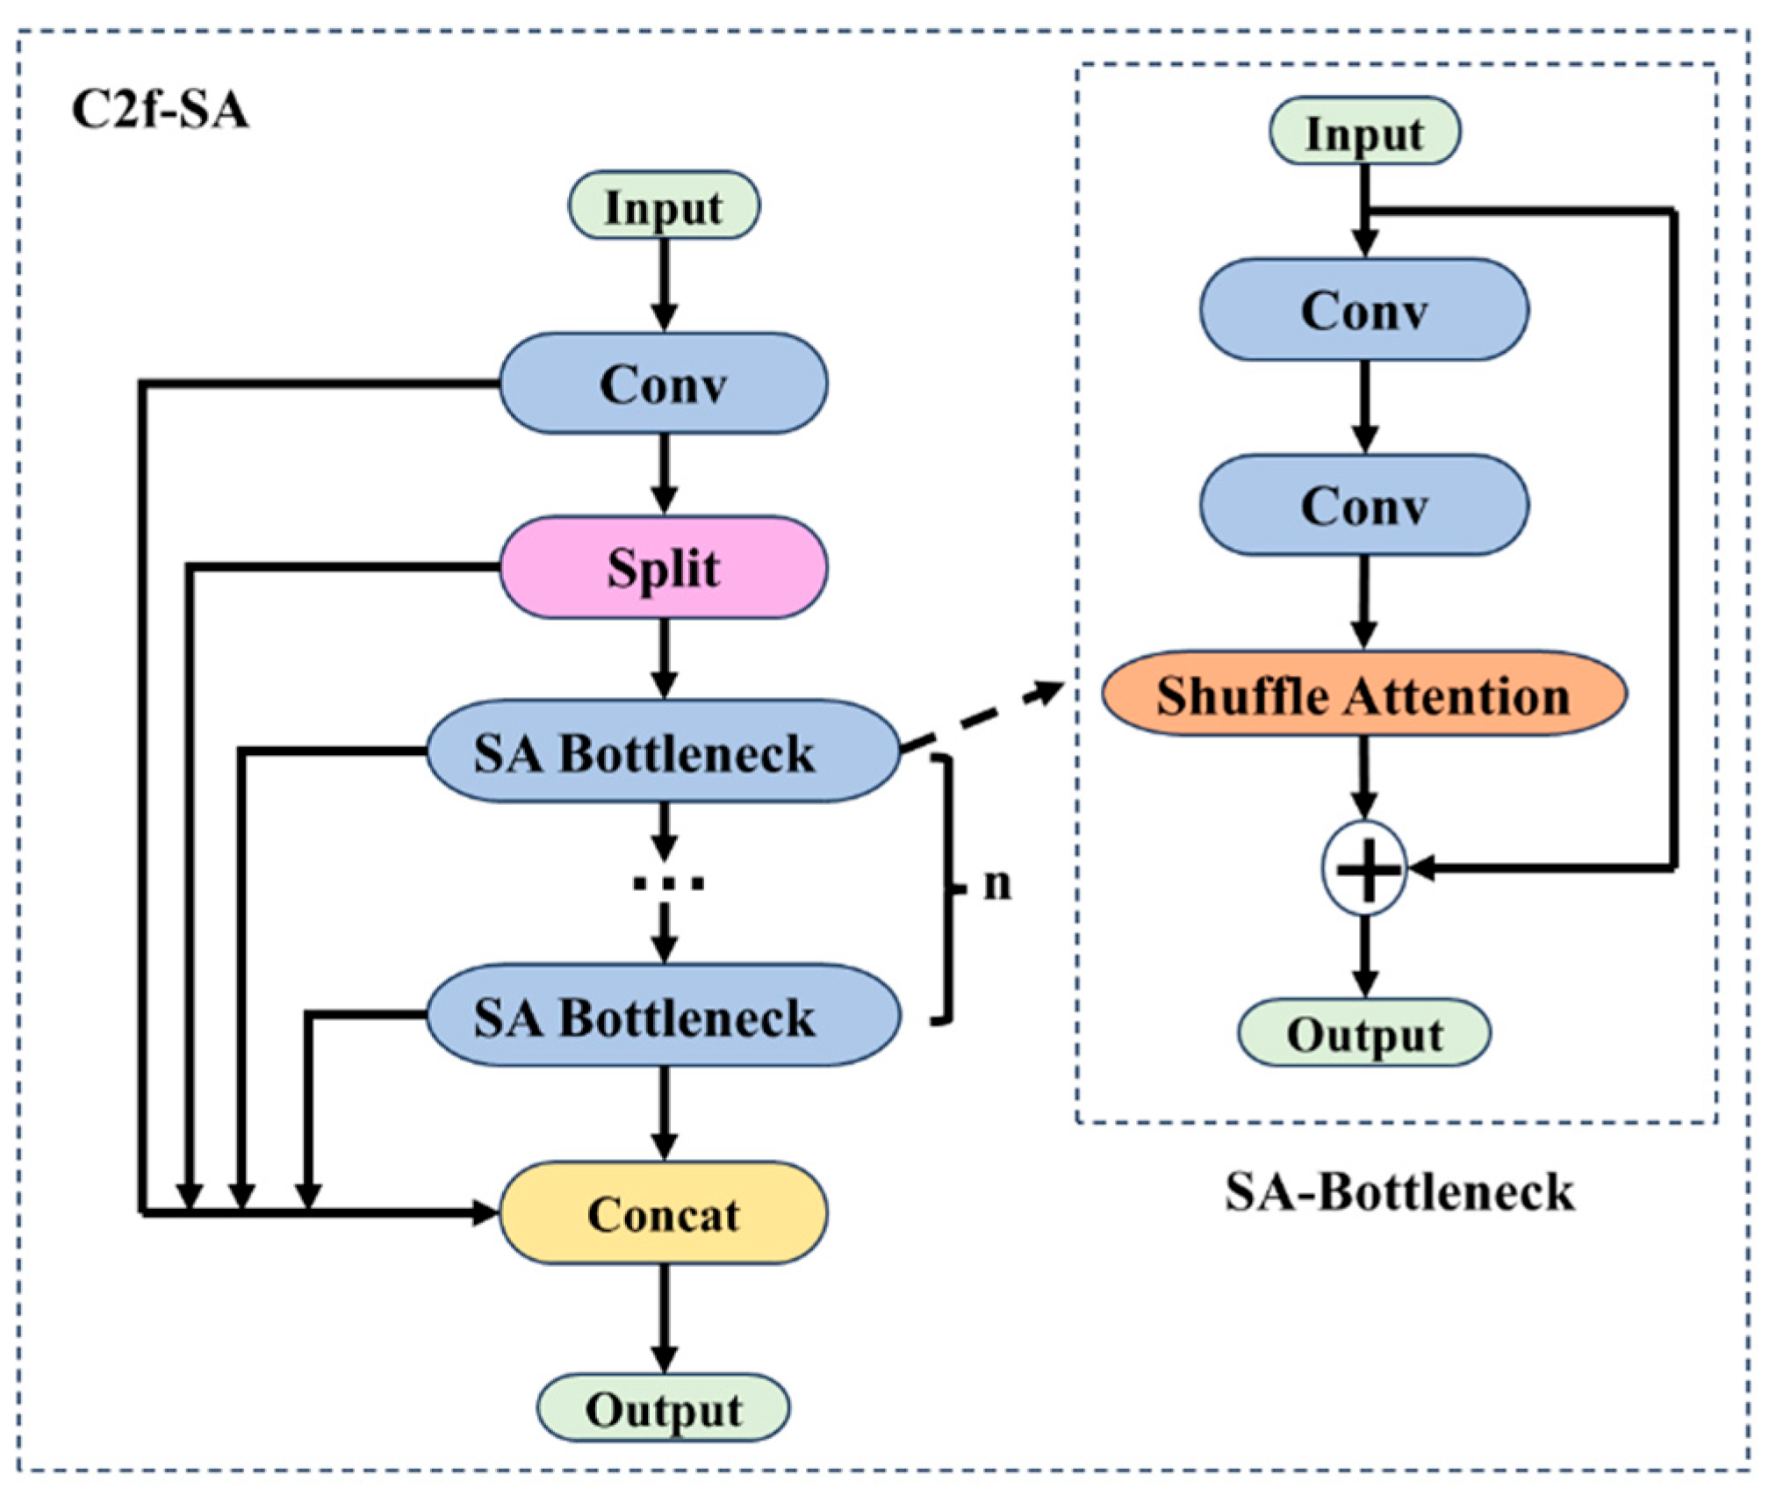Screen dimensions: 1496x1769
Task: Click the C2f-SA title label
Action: (x=159, y=111)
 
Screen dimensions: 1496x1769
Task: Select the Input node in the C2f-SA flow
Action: (x=664, y=206)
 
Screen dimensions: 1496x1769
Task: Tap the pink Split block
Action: (x=664, y=567)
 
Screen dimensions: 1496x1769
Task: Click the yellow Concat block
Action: (x=664, y=1215)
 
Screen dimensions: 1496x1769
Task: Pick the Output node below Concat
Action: (x=664, y=1410)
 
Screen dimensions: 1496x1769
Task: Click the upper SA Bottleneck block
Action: (x=664, y=752)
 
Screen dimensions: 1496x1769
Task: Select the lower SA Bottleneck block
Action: (x=664, y=1017)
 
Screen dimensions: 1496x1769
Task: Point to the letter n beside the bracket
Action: (x=997, y=884)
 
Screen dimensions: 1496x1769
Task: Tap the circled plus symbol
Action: (x=1364, y=869)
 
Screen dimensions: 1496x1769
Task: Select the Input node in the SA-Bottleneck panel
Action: (x=1364, y=133)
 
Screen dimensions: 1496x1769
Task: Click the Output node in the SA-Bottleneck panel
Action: (x=1364, y=1034)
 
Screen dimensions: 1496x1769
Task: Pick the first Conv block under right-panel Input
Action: (x=1364, y=310)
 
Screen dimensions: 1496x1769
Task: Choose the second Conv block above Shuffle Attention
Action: (x=1364, y=506)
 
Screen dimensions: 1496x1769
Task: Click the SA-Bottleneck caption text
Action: (x=1399, y=1192)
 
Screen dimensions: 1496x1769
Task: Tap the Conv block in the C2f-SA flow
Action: (x=664, y=384)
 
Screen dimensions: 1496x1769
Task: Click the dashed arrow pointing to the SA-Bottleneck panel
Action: (x=983, y=717)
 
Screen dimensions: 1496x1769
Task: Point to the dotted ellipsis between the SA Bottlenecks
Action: (x=667, y=884)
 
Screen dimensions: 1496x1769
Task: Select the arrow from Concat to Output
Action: (x=665, y=1317)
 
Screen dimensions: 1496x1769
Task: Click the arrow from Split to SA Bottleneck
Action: (x=665, y=658)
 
